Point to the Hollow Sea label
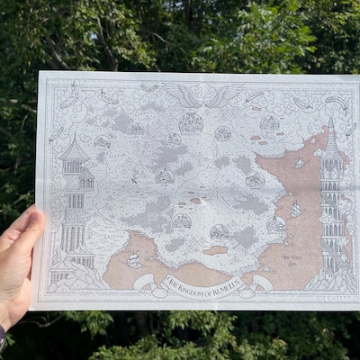tap(292, 256)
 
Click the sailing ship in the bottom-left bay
tap(134, 259)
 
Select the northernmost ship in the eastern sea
tap(300, 163)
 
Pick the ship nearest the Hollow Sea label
tap(295, 209)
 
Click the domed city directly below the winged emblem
tap(191, 122)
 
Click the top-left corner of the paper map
tap(40, 72)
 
